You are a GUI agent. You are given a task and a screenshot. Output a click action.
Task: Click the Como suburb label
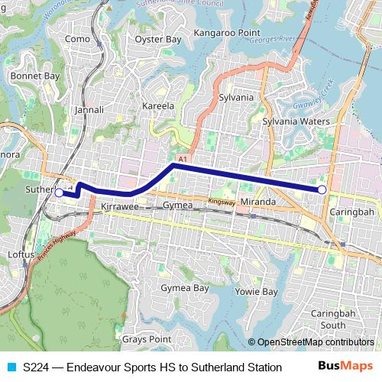pyautogui.click(x=78, y=39)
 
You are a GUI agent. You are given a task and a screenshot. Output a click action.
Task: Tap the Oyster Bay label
pyautogui.click(x=157, y=39)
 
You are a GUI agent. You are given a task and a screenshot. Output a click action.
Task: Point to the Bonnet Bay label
pyautogui.click(x=35, y=76)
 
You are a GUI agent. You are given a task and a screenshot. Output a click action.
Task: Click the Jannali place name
pyautogui.click(x=89, y=110)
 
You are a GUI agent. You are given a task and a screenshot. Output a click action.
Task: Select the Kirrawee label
pyautogui.click(x=118, y=207)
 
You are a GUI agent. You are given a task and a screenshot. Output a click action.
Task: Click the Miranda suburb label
pyautogui.click(x=257, y=201)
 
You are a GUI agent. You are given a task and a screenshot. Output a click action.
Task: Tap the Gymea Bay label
pyautogui.click(x=184, y=288)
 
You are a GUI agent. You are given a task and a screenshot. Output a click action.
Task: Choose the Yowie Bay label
pyautogui.click(x=256, y=292)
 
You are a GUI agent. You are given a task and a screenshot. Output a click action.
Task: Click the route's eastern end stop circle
pyautogui.click(x=322, y=189)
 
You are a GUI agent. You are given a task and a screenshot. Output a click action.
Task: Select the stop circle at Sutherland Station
pyautogui.click(x=60, y=193)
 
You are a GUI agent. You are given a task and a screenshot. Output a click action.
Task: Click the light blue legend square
pyautogui.click(x=9, y=367)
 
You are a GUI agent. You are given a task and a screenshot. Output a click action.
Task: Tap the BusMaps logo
pyautogui.click(x=345, y=366)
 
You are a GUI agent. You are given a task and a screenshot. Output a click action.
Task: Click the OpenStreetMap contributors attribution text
pyautogui.click(x=316, y=342)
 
